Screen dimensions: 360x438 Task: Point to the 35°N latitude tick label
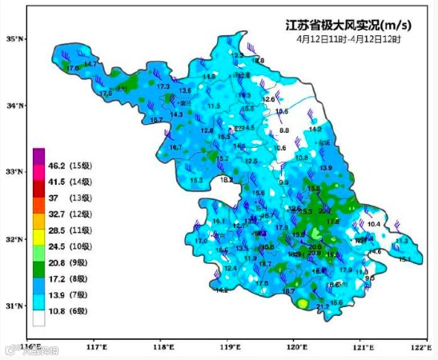coord(14,38)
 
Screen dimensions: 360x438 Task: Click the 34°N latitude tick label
coord(14,105)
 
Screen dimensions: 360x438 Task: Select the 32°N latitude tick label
coord(14,239)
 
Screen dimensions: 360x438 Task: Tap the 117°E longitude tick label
coord(97,347)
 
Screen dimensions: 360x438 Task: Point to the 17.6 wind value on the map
coord(74,69)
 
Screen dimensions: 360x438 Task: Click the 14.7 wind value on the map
coord(90,64)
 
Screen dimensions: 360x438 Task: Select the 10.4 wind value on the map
coord(373,225)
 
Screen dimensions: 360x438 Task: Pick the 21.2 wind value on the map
coord(323,306)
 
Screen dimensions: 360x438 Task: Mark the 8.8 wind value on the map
coord(284,130)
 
